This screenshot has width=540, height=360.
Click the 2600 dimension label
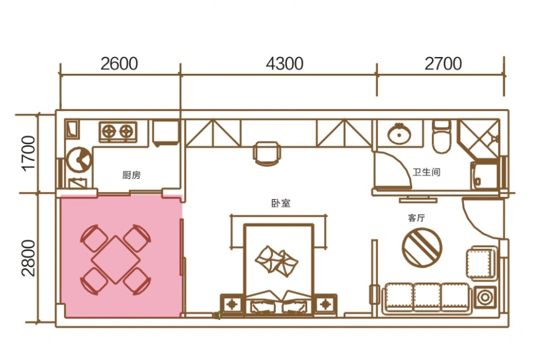119,64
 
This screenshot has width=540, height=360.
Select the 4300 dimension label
284,64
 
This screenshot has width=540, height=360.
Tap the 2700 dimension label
443,64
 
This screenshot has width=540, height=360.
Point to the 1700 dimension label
28,152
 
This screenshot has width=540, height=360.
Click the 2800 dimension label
28,258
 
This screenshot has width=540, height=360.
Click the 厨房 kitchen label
131,175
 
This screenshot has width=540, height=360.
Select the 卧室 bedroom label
281,203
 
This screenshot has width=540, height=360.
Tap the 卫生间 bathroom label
427,172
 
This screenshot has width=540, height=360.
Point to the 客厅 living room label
416,218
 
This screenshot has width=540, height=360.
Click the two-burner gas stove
118,131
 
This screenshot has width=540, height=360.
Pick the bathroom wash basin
399,133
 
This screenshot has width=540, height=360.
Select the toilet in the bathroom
442,136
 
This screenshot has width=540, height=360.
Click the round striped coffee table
422,248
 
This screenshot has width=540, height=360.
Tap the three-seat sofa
427,298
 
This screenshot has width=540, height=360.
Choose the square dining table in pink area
115,259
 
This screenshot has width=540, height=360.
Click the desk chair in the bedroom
266,154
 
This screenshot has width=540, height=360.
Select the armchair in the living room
482,262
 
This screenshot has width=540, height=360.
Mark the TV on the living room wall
418,199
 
